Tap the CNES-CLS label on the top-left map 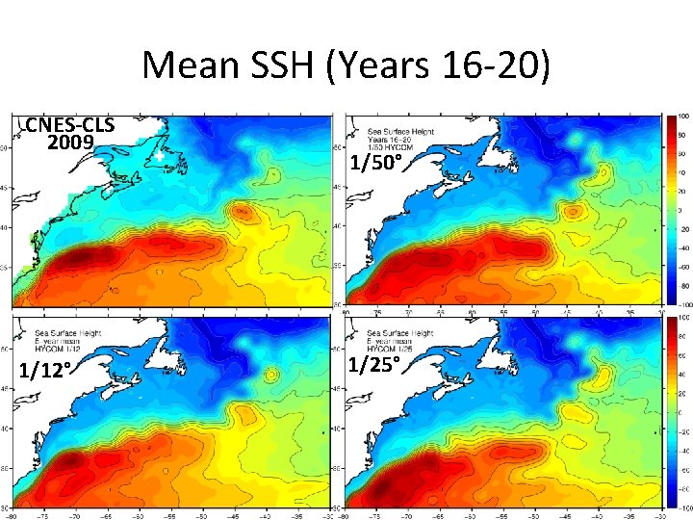click(69, 125)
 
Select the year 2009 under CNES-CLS click(70, 143)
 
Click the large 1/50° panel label click(374, 163)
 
